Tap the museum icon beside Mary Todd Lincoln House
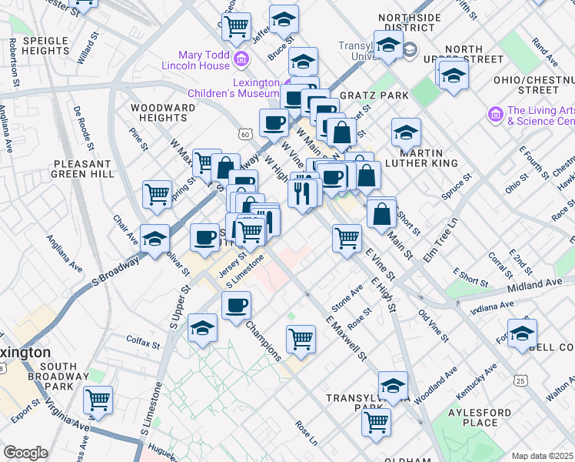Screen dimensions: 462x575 241,59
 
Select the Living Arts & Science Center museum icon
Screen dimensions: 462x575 495,115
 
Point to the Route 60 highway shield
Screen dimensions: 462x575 245,134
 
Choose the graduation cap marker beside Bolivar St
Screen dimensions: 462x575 155,238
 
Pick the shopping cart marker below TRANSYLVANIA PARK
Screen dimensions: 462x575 376,421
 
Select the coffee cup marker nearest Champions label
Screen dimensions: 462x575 236,304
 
